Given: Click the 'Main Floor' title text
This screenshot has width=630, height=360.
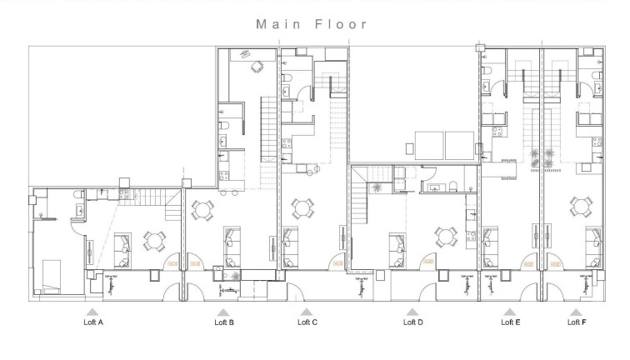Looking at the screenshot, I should click(312, 24).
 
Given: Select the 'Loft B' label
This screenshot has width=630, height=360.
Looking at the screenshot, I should click(224, 322).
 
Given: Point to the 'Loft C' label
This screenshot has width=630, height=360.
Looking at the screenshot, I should click(307, 322).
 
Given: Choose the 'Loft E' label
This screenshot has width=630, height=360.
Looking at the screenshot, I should click(510, 322).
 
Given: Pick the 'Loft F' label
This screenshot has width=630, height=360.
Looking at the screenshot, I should click(576, 322).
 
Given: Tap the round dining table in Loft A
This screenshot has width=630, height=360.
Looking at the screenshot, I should click(155, 241).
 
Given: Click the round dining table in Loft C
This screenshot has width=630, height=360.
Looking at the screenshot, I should click(302, 207).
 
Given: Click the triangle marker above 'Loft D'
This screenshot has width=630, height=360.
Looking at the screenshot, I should click(411, 312).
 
